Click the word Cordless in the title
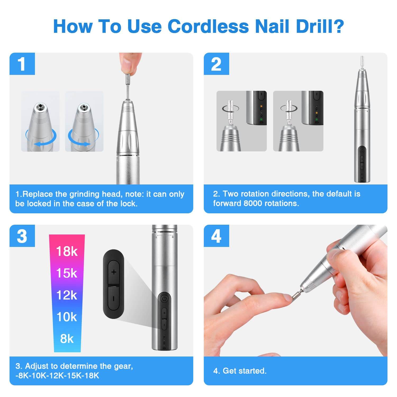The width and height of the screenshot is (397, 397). point(208,26)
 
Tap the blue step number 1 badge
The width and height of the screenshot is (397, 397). point(22,64)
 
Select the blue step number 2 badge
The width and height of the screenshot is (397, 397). point(216,64)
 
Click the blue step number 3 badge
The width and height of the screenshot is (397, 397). point(22,236)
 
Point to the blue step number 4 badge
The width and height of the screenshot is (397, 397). point(216,236)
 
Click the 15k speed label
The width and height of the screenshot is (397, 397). point(67,273)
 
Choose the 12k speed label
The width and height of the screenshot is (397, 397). point(67,295)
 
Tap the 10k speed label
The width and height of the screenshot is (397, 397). point(67,317)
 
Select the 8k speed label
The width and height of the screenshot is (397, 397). point(67,339)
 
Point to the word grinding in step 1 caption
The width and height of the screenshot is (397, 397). point(84,194)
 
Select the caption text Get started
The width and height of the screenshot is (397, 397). point(245,371)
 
